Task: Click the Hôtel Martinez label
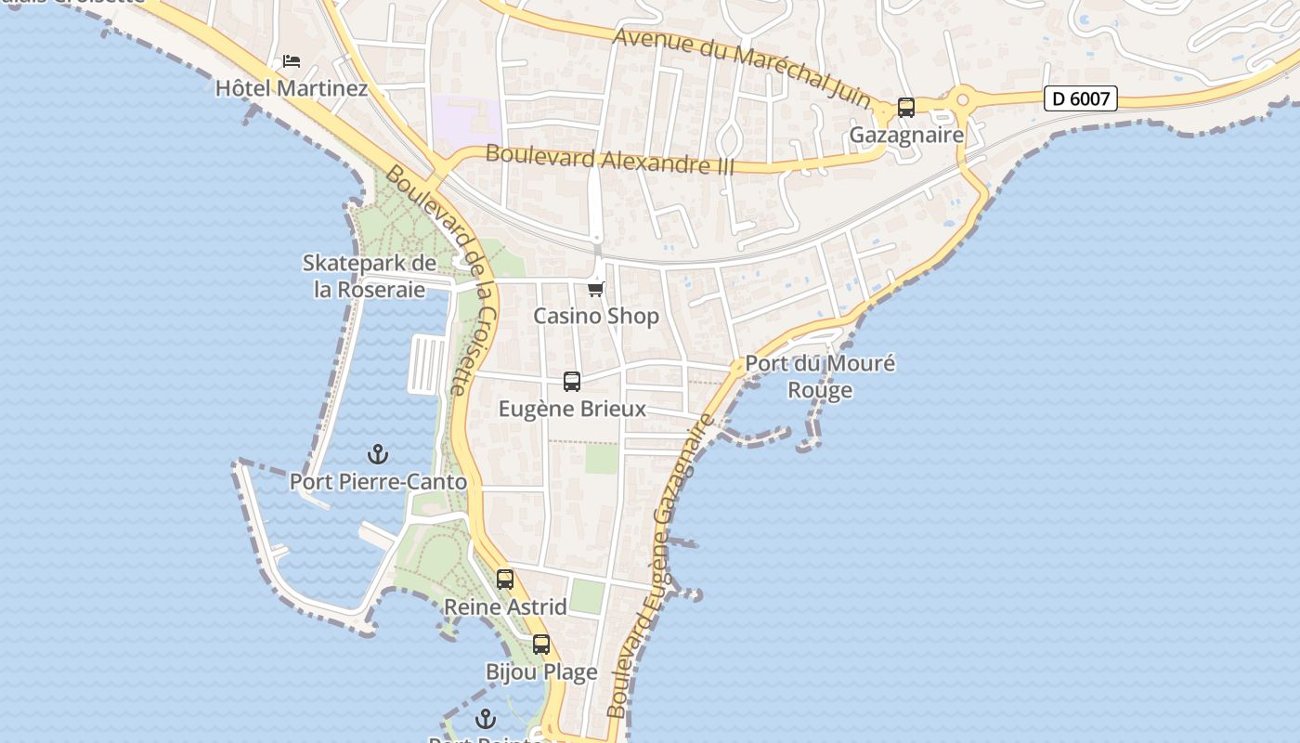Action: tap(292, 89)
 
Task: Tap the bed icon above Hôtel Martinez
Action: tap(292, 61)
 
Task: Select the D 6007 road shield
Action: tap(1080, 98)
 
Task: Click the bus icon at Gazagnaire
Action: tap(906, 107)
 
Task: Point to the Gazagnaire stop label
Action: tap(906, 136)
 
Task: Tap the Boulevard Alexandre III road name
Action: tap(610, 159)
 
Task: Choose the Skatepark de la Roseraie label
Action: tap(370, 276)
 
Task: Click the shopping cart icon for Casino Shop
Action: tap(596, 289)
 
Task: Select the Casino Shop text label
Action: tap(596, 316)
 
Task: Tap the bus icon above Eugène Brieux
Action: tap(572, 381)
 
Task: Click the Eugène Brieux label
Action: tap(572, 409)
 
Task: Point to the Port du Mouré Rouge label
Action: tap(821, 376)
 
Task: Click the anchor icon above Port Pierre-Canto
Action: tap(377, 454)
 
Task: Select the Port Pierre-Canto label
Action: tap(378, 482)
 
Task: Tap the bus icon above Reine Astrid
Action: tap(505, 579)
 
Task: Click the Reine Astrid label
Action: tap(505, 606)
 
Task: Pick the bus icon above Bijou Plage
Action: tap(541, 644)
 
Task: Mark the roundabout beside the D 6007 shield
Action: tap(963, 98)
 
